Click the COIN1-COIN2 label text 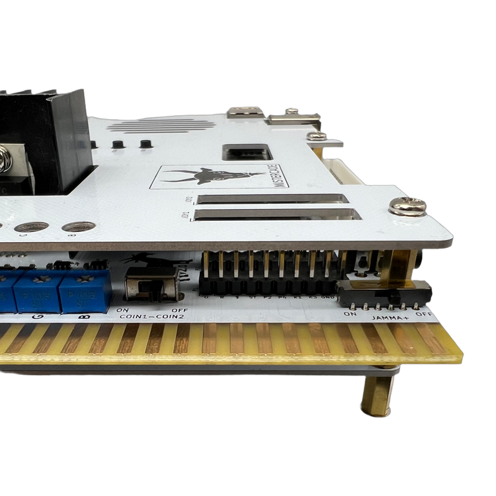(151, 317)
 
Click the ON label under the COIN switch (122, 310)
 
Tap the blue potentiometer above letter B (83, 292)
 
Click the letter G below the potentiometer (34, 317)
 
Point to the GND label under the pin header (327, 299)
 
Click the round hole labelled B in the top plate (71, 227)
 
